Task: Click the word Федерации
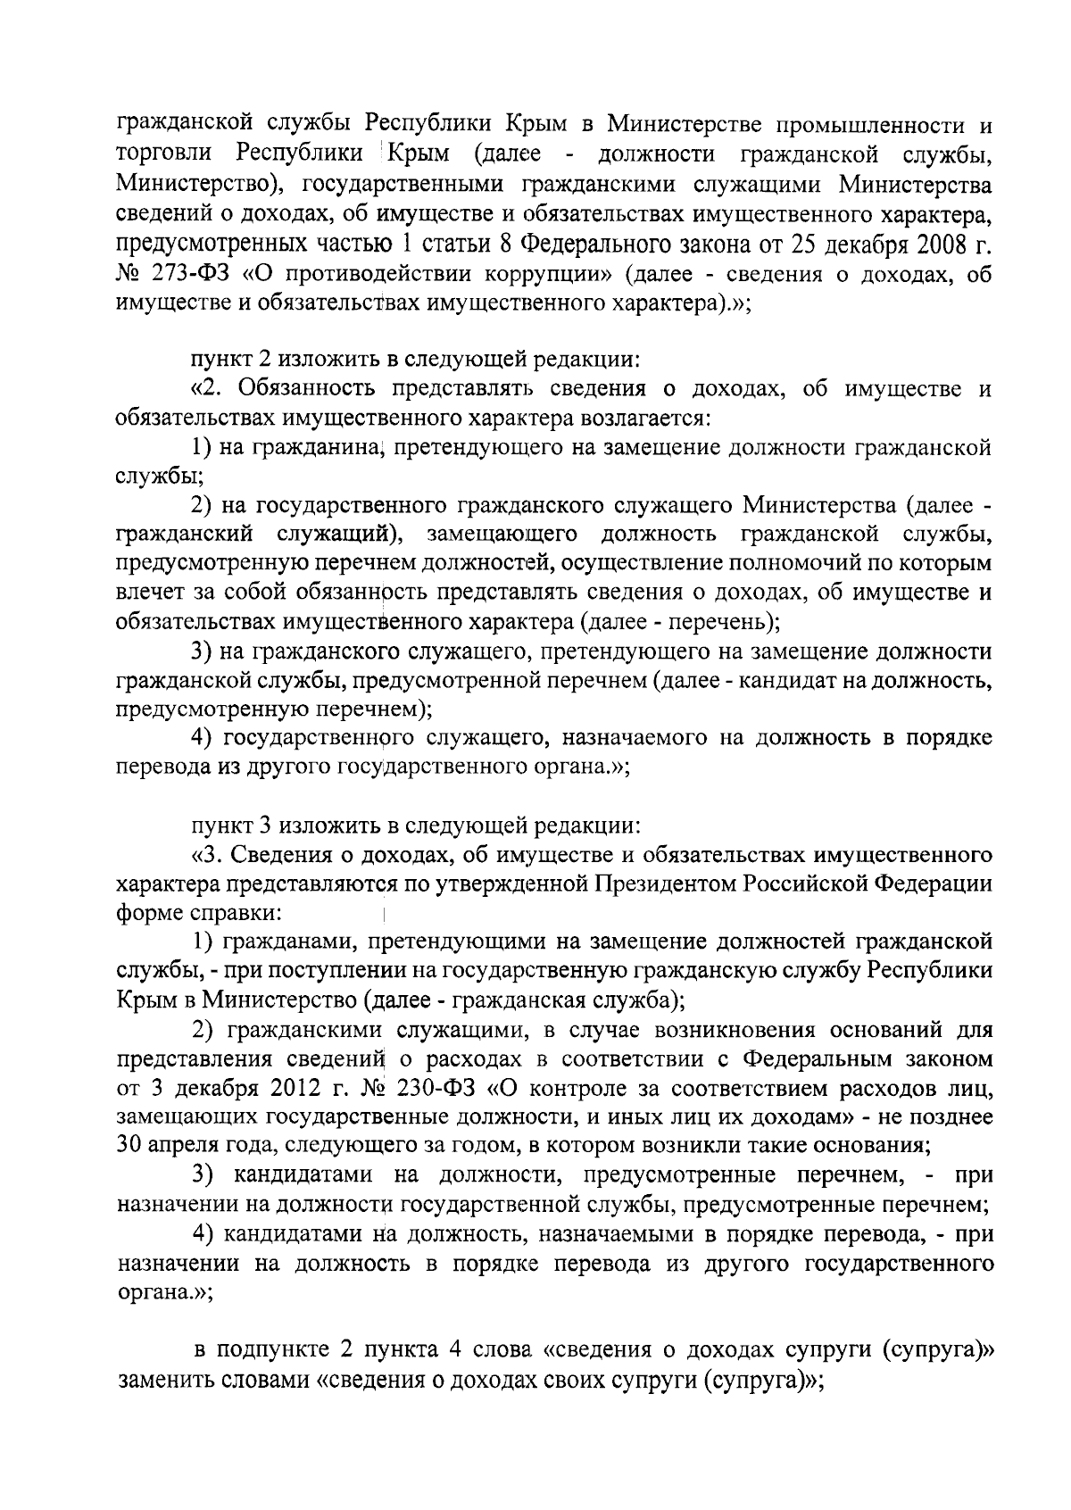(x=934, y=884)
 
